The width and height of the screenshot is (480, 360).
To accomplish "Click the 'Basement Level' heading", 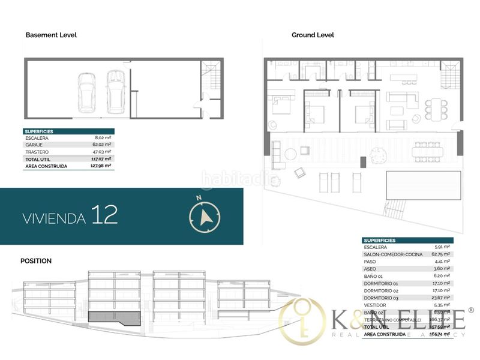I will point(51,35).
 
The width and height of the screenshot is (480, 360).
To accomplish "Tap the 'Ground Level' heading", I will point(313,35).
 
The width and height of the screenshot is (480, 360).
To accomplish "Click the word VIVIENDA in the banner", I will point(53,218).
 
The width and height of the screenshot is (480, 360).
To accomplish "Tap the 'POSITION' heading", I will point(36,261).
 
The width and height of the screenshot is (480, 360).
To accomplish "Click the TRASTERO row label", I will point(37,152).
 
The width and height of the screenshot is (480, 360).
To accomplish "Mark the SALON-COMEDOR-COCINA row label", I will point(393,254).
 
